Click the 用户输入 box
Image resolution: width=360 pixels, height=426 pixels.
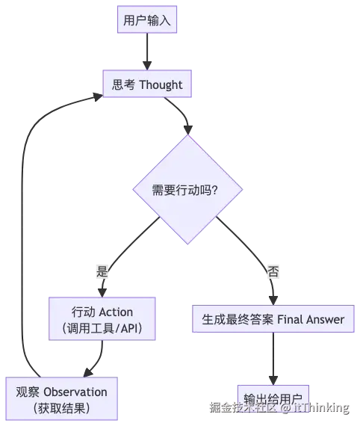point(147,20)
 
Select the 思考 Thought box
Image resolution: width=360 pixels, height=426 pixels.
point(147,84)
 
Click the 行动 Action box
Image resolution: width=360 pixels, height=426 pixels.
point(102,319)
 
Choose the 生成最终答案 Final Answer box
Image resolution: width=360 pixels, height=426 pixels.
point(273,319)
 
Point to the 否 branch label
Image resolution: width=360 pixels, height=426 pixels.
point(273,272)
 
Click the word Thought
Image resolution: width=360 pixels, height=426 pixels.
point(160,84)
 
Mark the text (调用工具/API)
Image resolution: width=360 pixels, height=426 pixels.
point(102,328)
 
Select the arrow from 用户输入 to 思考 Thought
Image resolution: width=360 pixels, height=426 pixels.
point(147,51)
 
